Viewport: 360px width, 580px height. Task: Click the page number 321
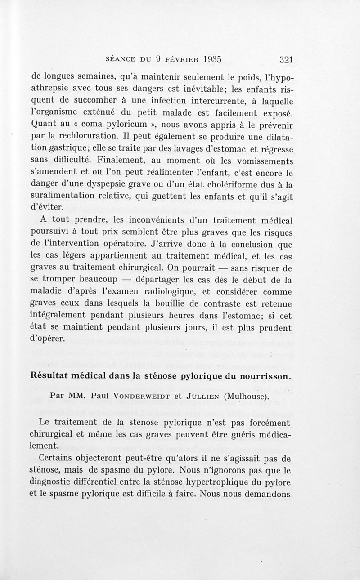click(x=286, y=59)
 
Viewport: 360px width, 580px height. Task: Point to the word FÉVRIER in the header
click(x=179, y=59)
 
